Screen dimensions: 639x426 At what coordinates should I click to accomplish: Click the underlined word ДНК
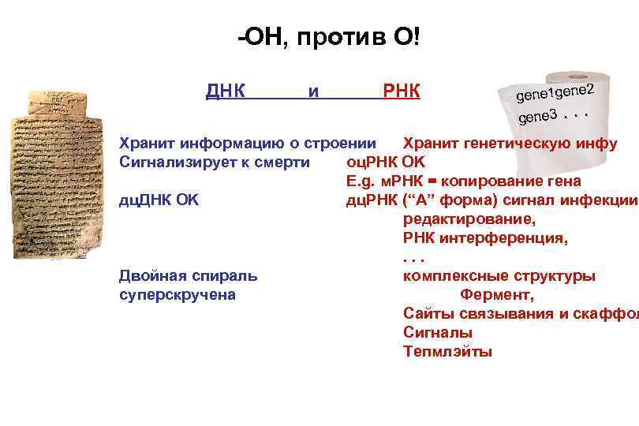(x=225, y=92)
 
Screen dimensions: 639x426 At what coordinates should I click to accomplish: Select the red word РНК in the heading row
(x=401, y=92)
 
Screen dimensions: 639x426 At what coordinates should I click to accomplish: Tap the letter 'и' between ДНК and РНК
(x=314, y=92)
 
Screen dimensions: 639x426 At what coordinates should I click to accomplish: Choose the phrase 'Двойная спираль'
(x=188, y=276)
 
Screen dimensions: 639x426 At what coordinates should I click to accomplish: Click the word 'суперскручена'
(x=177, y=295)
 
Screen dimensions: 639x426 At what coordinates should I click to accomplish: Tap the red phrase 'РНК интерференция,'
(x=485, y=237)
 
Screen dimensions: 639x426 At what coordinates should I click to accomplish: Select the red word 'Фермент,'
(x=497, y=295)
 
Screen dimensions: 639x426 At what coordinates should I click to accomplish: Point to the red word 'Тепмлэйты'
(x=447, y=352)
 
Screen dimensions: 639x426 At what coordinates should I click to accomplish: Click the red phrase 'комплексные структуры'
(x=499, y=276)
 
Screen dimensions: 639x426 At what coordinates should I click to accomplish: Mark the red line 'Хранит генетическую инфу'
(x=510, y=144)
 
